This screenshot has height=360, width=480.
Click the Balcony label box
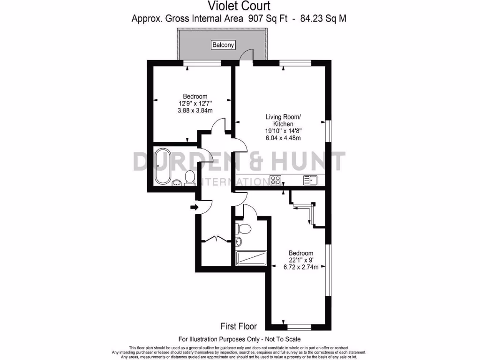pos(223,45)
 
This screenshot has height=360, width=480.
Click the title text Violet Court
pos(239,6)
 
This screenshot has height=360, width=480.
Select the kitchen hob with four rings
pos(276,180)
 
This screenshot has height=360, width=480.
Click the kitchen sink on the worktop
pos(310,180)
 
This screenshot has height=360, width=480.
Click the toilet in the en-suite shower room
pos(244,228)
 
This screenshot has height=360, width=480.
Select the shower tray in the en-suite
pos(251,258)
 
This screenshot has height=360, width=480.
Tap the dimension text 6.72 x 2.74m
pos(301,267)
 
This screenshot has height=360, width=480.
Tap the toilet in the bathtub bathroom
pos(190,177)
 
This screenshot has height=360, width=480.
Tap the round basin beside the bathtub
pos(177,183)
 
